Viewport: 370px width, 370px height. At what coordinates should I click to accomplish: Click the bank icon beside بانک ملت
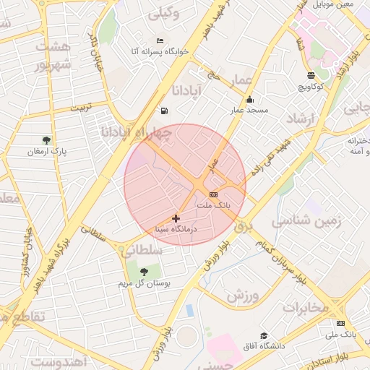pyautogui.click(x=213, y=195)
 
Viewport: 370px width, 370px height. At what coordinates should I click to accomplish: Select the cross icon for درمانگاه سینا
pyautogui.click(x=176, y=218)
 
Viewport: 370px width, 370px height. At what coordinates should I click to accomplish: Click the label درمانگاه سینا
pyautogui.click(x=176, y=229)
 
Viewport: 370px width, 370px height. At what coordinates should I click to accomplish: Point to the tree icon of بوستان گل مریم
pyautogui.click(x=144, y=272)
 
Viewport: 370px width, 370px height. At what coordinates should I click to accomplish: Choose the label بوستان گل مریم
pyautogui.click(x=144, y=283)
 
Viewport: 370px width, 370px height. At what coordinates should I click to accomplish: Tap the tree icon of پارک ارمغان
pyautogui.click(x=47, y=140)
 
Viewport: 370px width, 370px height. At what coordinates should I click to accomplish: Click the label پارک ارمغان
pyautogui.click(x=46, y=152)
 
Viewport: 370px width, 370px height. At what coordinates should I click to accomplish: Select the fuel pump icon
pyautogui.click(x=164, y=111)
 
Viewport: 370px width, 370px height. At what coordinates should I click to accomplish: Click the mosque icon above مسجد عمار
pyautogui.click(x=249, y=100)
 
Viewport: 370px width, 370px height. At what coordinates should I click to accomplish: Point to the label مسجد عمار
pyautogui.click(x=249, y=111)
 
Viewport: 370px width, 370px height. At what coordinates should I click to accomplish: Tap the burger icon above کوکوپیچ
pyautogui.click(x=311, y=75)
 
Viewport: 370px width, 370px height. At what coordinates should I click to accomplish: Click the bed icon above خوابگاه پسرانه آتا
pyautogui.click(x=160, y=40)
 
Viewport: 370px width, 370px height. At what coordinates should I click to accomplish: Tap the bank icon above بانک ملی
pyautogui.click(x=340, y=323)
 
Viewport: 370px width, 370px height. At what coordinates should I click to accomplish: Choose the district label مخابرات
pyautogui.click(x=305, y=307)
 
